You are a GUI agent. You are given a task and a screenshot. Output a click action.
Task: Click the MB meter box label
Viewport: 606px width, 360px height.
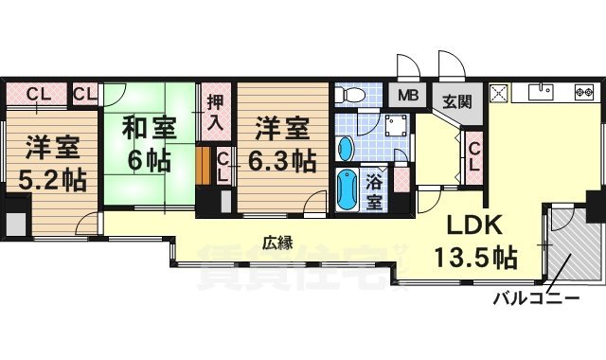tap(408, 95)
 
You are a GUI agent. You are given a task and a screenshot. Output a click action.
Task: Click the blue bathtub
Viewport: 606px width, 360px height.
tap(347, 189)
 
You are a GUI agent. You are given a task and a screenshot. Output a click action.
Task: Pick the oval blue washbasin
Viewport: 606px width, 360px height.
tap(346, 148)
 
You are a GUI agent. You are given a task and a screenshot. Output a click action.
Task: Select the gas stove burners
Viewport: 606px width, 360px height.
tap(584, 93)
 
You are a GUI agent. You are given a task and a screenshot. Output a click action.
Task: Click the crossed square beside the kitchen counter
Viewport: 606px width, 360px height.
tap(499, 93)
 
